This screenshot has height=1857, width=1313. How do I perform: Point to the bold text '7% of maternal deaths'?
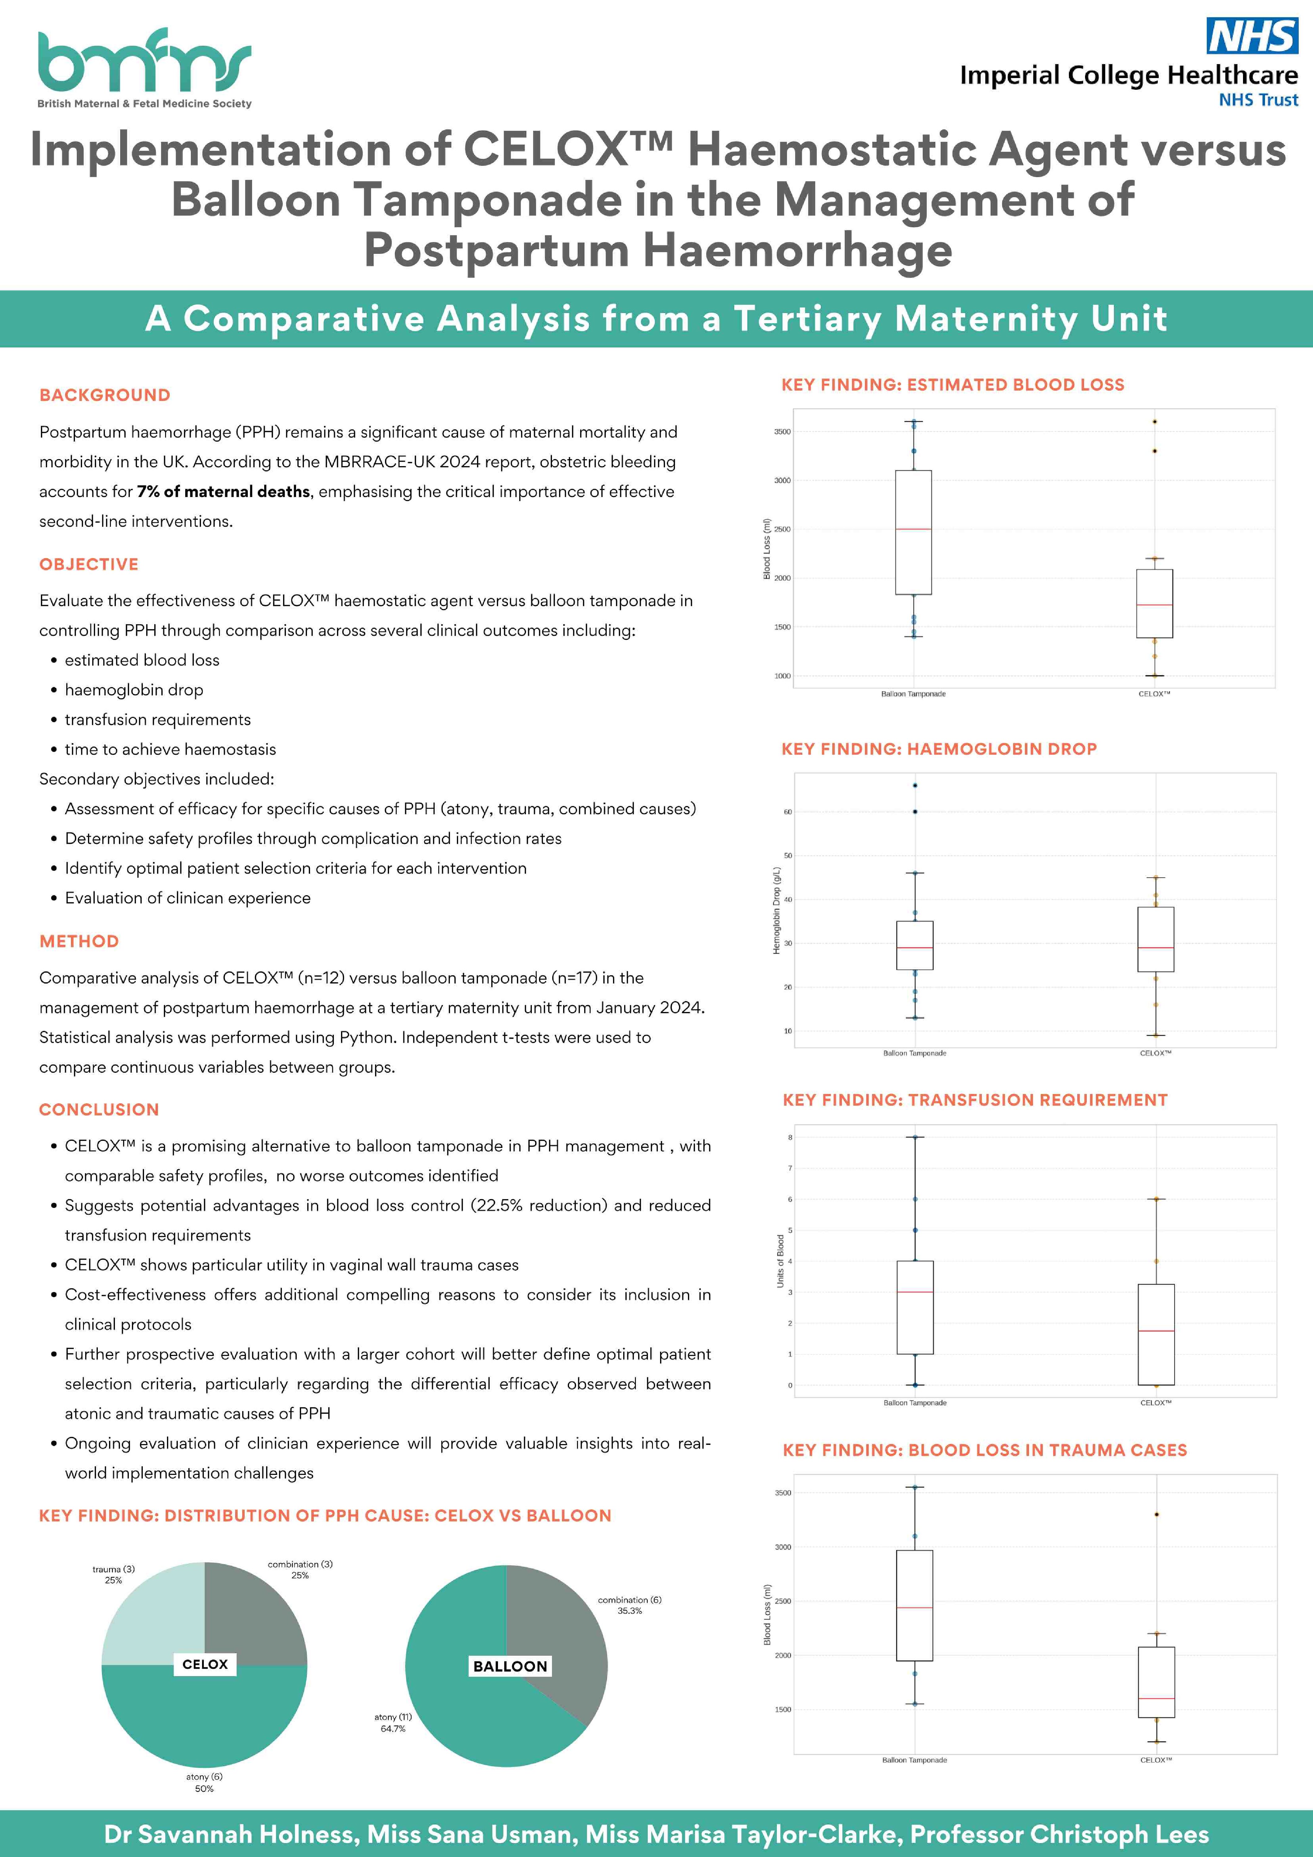223,492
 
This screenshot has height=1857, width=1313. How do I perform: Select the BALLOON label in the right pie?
510,1666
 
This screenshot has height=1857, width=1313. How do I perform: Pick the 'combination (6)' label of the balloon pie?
629,1600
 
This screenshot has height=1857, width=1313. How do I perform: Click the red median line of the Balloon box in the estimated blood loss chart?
913,529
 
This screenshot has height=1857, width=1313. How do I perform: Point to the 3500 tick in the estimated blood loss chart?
782,432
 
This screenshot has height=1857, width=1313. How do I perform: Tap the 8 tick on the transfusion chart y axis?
790,1137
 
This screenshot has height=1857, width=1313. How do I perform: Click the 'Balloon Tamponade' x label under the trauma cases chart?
914,1760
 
